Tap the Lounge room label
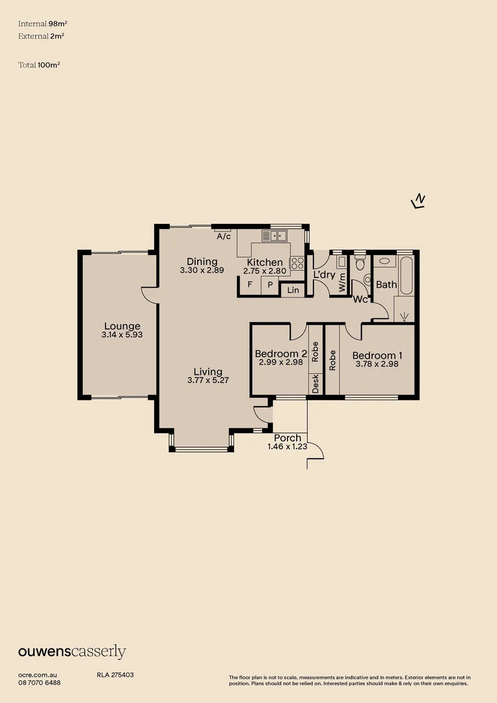122,326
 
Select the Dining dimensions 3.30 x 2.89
202,270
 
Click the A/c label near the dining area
223,236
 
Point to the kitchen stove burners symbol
297,263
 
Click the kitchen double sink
275,236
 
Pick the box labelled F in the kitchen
249,285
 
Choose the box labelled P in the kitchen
270,285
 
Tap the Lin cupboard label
293,290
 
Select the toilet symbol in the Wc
360,269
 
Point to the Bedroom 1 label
377,355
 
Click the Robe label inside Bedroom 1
332,360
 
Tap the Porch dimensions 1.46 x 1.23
287,447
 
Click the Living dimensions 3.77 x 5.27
204,381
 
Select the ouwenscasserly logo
72,652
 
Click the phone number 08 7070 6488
40,682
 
